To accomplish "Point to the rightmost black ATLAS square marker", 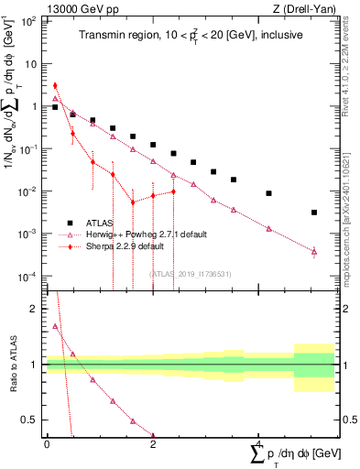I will click(314, 213).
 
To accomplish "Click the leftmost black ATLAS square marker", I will click(55, 107).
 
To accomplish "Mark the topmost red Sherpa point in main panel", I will click(55, 85).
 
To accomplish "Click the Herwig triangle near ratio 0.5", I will click(133, 421).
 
